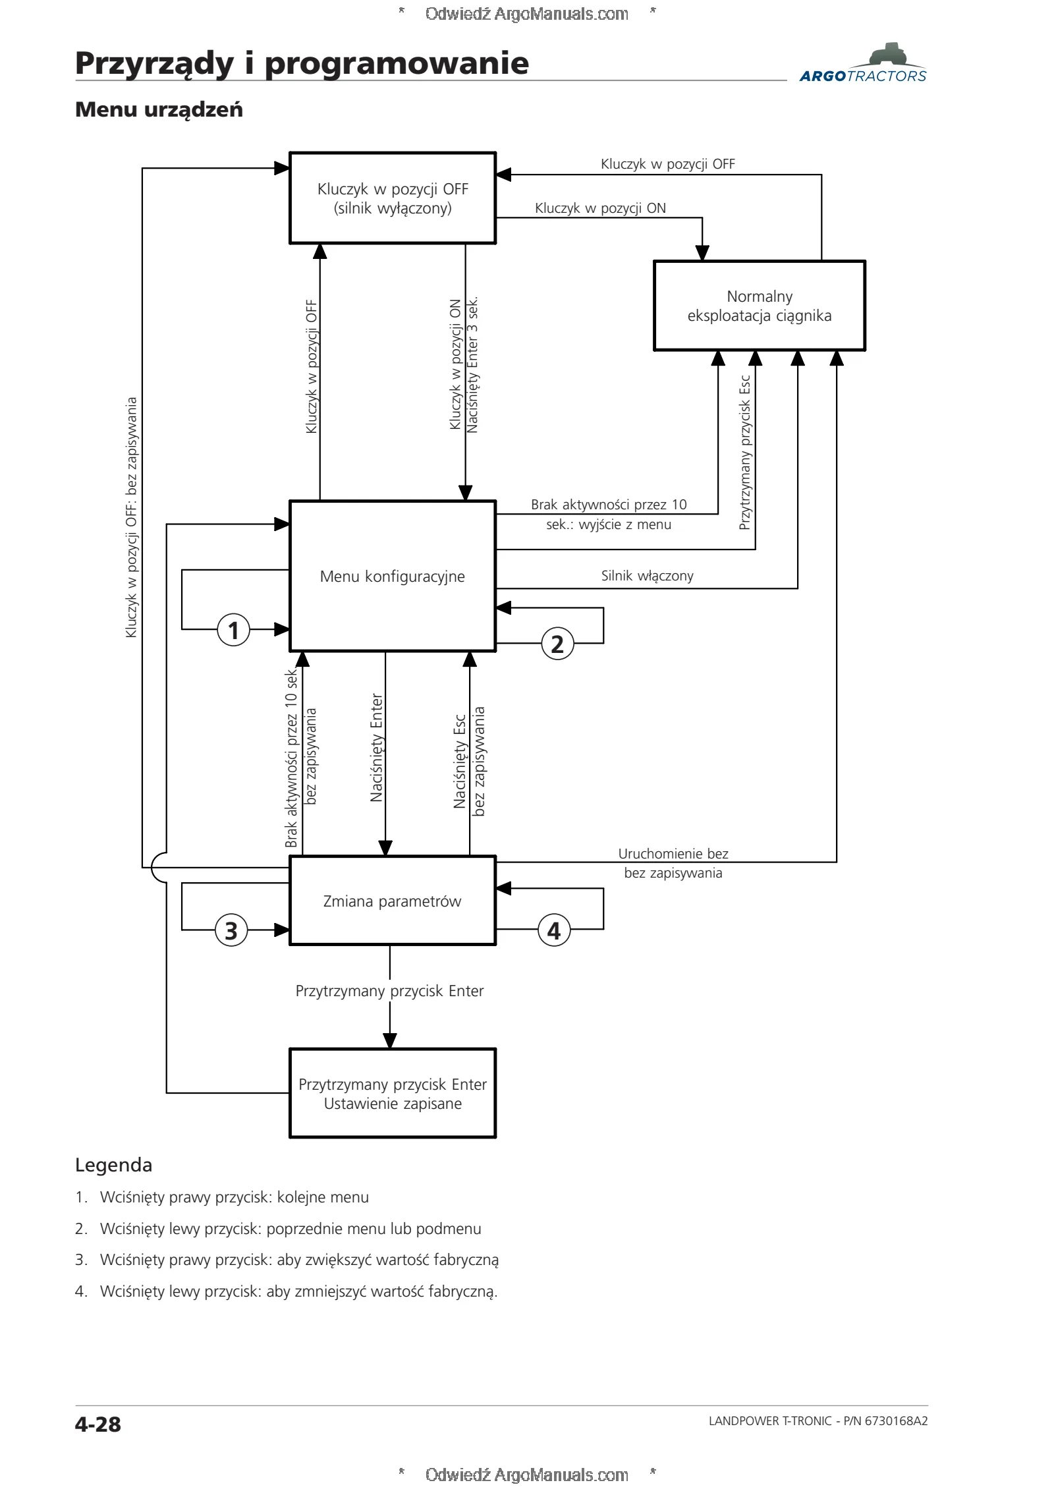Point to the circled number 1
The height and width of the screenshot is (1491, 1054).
pyautogui.click(x=233, y=630)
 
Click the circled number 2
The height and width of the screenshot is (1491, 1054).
pyautogui.click(x=557, y=644)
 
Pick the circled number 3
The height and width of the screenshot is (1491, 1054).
pyautogui.click(x=231, y=930)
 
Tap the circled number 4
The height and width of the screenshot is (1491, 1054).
pyautogui.click(x=554, y=930)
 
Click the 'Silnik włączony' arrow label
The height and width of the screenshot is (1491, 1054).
pyautogui.click(x=647, y=576)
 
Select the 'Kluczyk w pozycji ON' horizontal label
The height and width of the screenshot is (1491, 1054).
pyautogui.click(x=600, y=208)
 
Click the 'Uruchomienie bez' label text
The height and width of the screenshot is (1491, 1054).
pyautogui.click(x=673, y=854)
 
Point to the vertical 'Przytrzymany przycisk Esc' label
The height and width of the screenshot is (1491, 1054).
pyautogui.click(x=745, y=453)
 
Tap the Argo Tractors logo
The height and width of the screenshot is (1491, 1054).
pyautogui.click(x=863, y=63)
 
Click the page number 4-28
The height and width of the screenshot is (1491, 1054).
pyautogui.click(x=98, y=1424)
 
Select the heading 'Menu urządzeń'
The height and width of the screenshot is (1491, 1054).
pyautogui.click(x=159, y=109)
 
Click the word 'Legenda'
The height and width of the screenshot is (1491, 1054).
pyautogui.click(x=113, y=1165)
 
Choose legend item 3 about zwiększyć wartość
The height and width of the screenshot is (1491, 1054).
pyautogui.click(x=287, y=1260)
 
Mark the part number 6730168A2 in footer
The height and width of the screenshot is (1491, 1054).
pyautogui.click(x=896, y=1421)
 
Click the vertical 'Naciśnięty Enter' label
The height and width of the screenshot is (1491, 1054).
pyautogui.click(x=377, y=747)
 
